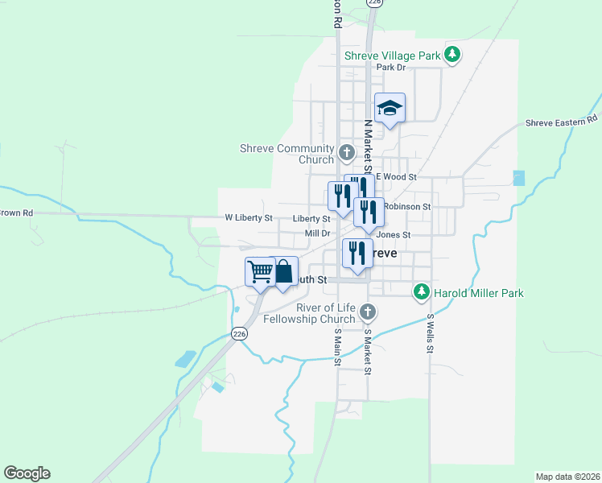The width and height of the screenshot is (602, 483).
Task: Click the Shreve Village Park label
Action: (392, 56)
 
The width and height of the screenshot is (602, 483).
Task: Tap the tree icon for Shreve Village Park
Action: (453, 54)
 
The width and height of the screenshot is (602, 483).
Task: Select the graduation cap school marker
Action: (390, 108)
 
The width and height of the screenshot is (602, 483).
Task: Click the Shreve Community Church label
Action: (287, 154)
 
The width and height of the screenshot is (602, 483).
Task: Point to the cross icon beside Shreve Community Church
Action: (347, 151)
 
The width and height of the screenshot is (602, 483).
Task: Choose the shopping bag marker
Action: (283, 271)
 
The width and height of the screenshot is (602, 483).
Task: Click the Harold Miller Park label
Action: (478, 293)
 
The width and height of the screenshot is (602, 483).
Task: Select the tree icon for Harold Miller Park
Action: (420, 291)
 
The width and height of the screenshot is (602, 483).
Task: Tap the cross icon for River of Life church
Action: (368, 312)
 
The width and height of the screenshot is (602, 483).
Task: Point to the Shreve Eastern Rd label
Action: (562, 122)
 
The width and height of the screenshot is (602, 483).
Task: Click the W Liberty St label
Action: (249, 218)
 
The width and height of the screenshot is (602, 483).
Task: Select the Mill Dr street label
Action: (318, 233)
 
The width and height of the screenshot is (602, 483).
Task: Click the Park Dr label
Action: (390, 68)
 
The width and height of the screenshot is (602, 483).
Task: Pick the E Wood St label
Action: (396, 176)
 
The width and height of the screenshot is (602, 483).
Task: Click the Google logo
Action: (27, 473)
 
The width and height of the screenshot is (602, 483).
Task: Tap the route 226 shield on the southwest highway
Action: (239, 333)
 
